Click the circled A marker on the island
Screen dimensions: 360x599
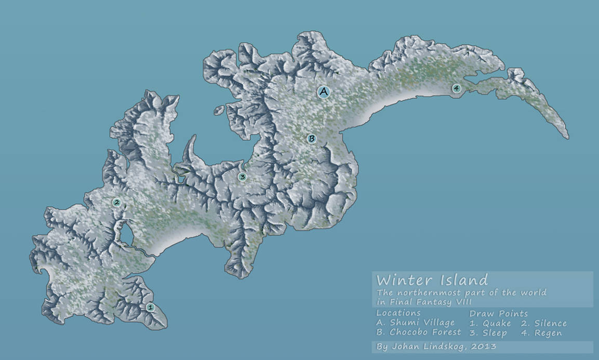(x=324, y=92)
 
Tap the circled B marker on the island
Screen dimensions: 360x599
(x=311, y=139)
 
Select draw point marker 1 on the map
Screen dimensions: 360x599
(x=150, y=308)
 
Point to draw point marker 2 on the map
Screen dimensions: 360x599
(x=117, y=203)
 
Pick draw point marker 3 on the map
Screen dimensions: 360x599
(x=242, y=177)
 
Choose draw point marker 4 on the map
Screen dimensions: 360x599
(x=456, y=88)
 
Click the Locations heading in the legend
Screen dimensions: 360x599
(x=398, y=313)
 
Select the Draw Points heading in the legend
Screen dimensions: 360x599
(x=498, y=313)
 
